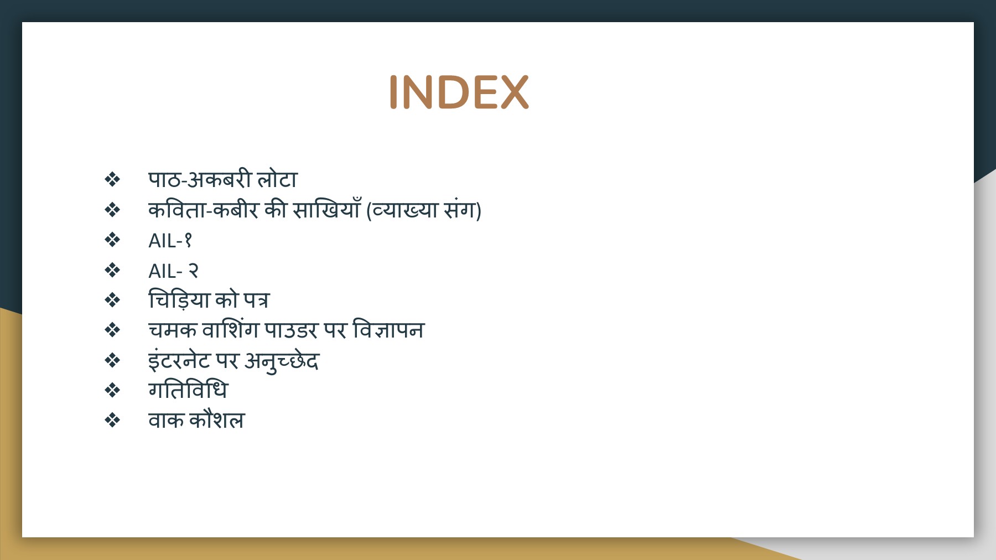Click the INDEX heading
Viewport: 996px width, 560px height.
coord(459,92)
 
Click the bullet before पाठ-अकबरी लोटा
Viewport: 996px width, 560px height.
coord(112,179)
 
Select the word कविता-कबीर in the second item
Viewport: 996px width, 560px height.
coord(203,210)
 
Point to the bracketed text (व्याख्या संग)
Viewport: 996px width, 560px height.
coord(424,210)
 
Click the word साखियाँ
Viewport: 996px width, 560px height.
coord(326,209)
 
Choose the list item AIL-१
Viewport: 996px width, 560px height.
coord(170,240)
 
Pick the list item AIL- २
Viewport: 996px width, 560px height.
coord(173,271)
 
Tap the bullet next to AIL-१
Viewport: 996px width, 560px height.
coord(112,240)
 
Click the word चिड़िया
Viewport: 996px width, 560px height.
coord(179,299)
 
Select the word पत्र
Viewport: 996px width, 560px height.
coord(256,300)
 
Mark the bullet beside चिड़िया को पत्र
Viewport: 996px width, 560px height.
coord(112,300)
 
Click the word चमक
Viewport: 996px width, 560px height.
coord(172,330)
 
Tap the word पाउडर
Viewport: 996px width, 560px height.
coord(291,330)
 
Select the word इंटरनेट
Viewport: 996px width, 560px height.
coord(179,360)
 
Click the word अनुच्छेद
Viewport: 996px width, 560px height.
coord(282,361)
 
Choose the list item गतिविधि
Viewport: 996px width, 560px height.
coord(188,390)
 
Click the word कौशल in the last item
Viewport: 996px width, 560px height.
coord(217,419)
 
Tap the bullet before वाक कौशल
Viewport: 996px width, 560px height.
coord(112,421)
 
